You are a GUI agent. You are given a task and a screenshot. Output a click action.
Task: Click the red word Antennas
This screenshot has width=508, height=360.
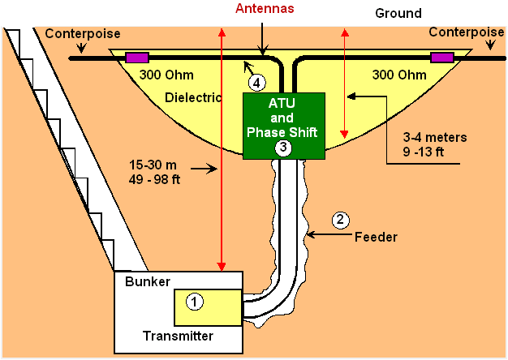(x=265, y=8)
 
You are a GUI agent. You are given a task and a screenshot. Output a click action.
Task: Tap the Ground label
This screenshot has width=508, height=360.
(x=398, y=13)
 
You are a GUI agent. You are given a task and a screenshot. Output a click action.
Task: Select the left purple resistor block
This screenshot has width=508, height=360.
(x=137, y=58)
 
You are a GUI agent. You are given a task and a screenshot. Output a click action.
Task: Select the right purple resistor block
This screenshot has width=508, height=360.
(x=442, y=58)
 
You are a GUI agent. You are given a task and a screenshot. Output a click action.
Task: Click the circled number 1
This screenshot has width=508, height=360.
(x=195, y=302)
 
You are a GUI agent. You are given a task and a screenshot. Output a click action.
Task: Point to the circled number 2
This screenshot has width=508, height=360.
(x=340, y=220)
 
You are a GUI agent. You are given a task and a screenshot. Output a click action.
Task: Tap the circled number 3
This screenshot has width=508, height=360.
(x=283, y=148)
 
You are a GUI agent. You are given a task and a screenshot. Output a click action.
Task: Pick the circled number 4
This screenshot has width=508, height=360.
(x=257, y=83)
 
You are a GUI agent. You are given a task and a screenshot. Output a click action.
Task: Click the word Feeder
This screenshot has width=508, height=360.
(x=376, y=237)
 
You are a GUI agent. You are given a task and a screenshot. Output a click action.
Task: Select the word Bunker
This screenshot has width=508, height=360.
(x=148, y=281)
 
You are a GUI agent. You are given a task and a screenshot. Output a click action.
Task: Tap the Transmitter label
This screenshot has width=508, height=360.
(x=178, y=336)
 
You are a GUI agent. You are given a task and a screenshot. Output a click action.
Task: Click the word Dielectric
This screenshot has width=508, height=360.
(x=193, y=97)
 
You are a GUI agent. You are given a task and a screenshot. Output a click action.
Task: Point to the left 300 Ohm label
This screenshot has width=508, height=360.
(x=166, y=75)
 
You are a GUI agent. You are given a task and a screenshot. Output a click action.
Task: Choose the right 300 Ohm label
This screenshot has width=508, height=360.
(x=399, y=75)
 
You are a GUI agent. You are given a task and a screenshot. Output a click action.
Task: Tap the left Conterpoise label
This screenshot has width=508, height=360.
(x=83, y=33)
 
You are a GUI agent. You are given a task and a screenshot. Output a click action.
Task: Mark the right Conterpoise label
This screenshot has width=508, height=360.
(x=467, y=32)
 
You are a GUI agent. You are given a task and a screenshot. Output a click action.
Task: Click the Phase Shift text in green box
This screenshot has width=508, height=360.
(x=282, y=132)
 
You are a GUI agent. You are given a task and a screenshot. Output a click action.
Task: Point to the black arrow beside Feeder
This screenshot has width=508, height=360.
(x=329, y=234)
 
